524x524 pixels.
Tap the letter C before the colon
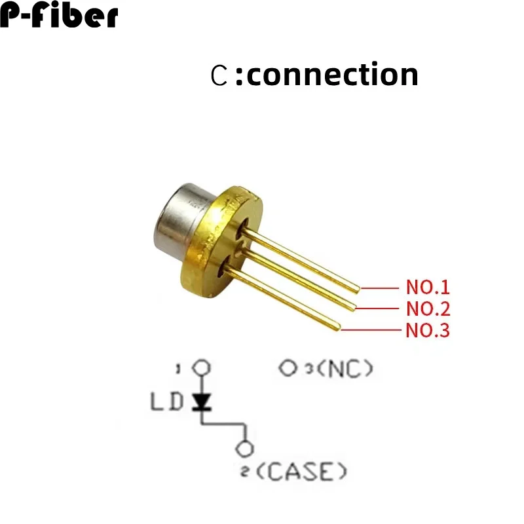click(219, 75)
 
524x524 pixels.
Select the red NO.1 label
click(428, 287)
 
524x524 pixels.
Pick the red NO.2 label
click(428, 309)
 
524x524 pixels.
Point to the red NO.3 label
click(428, 330)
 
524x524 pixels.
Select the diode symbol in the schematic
click(201, 402)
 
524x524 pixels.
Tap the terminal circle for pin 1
click(201, 367)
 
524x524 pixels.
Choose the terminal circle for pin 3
click(288, 368)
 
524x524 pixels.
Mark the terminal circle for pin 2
click(244, 449)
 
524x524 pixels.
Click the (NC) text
click(345, 369)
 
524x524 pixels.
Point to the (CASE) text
click(302, 472)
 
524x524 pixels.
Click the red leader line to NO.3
click(371, 330)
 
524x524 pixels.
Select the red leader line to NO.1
click(380, 288)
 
